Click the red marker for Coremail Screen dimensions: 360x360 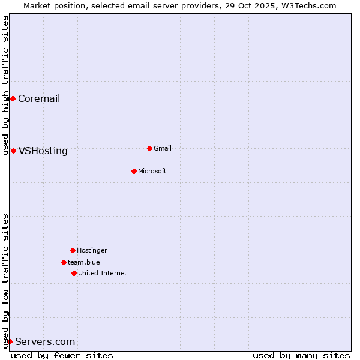(13, 98)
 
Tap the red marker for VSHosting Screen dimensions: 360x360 (13, 151)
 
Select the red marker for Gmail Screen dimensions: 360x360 (149, 148)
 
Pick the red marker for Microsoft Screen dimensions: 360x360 (134, 171)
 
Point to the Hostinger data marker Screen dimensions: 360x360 (73, 250)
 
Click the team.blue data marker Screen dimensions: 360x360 (64, 262)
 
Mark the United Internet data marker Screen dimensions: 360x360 (74, 273)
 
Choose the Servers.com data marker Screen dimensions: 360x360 (10, 341)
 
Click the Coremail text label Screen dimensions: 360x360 (39, 99)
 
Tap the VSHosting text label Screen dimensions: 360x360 (43, 151)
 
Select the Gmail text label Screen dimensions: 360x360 (163, 148)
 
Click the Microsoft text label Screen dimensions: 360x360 (152, 171)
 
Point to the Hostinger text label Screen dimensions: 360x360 (92, 250)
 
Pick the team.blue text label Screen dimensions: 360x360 (83, 262)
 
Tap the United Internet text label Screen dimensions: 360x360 (102, 273)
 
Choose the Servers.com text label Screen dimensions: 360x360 (45, 342)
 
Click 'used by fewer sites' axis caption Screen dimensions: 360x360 (62, 355)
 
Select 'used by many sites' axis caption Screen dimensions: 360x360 (301, 355)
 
